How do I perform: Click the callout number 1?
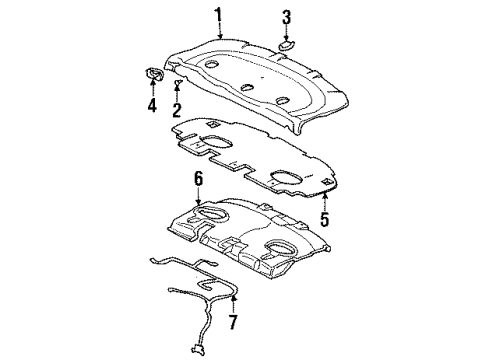point(216,13)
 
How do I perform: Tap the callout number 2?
point(177,110)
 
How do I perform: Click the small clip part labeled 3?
point(286,43)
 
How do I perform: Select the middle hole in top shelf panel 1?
point(247,87)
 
